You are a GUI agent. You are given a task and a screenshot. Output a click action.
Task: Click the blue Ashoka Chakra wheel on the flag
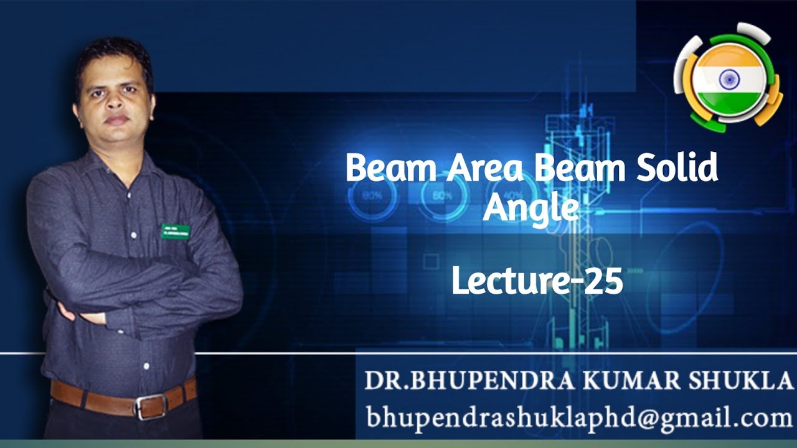pos(729,79)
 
